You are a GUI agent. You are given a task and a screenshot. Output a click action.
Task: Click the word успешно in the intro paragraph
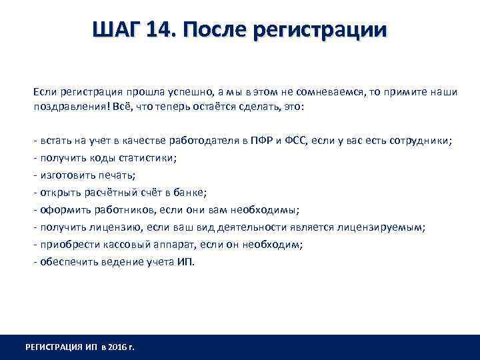point(178,91)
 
